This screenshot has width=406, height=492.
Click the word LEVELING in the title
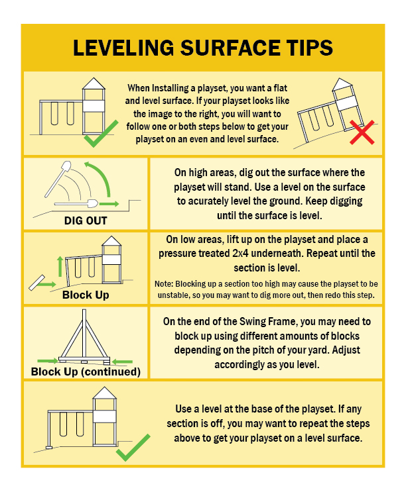[123, 48]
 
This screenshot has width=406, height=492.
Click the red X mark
[362, 132]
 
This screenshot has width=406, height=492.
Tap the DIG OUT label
[86, 221]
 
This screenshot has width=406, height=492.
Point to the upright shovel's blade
[66, 166]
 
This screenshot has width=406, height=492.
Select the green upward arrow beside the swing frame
[60, 266]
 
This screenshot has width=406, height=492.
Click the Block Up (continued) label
[86, 371]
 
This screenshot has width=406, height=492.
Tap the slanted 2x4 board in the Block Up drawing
[36, 283]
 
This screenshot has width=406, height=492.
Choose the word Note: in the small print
[164, 284]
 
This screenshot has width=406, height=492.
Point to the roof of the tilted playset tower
[342, 83]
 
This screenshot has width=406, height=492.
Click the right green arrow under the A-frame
[122, 362]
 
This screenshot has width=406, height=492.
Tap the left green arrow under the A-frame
[48, 361]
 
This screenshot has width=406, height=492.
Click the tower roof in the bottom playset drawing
[105, 393]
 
